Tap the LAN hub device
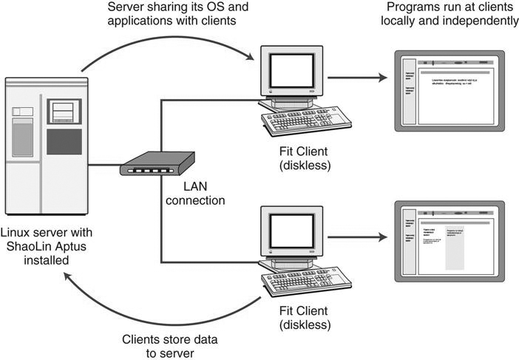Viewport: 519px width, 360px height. click(x=157, y=165)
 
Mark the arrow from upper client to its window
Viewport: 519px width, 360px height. click(x=358, y=77)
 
